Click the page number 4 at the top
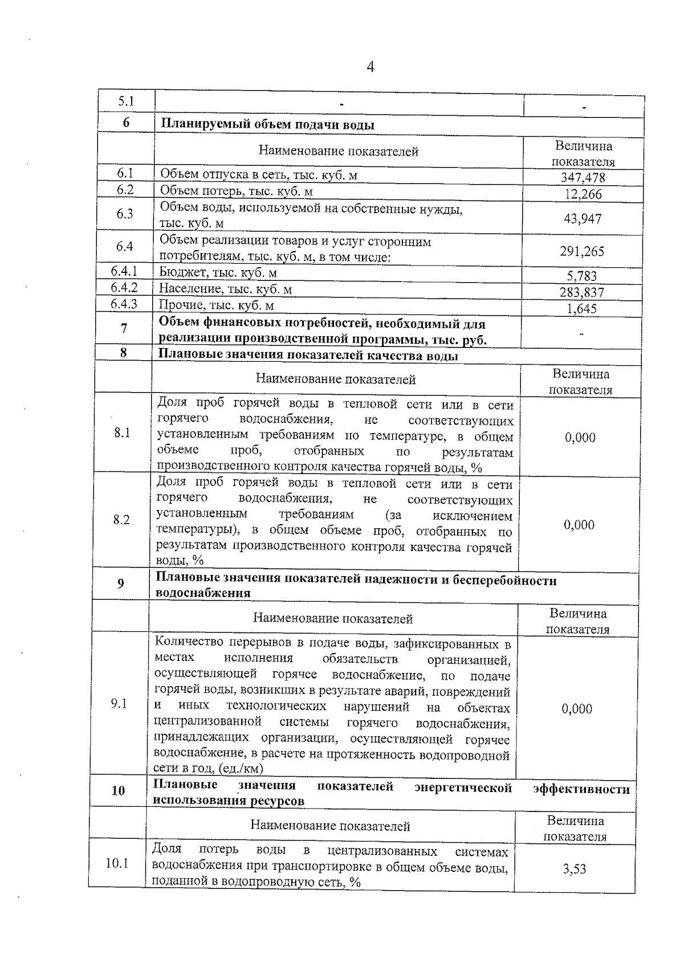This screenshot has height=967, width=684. (370, 68)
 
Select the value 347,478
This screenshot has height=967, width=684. (583, 178)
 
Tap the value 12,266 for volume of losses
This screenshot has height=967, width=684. (583, 194)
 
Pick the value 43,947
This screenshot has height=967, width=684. (582, 219)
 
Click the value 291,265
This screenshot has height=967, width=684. (581, 251)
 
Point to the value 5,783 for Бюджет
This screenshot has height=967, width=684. (581, 276)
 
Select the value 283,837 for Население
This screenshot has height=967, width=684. (581, 293)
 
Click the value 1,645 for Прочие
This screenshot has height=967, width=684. (581, 309)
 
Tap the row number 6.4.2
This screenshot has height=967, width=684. (124, 288)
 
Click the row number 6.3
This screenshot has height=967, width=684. (125, 214)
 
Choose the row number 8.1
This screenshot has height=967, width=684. (122, 433)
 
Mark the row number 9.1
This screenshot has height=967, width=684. (119, 704)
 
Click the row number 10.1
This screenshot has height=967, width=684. (117, 863)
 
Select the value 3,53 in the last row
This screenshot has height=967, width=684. (574, 869)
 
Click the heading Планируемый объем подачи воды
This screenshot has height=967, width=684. (268, 125)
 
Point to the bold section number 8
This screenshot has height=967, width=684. (124, 353)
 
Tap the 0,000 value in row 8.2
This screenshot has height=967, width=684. (579, 525)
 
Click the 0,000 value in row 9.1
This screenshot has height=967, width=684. (577, 709)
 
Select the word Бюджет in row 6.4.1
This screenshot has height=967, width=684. (180, 272)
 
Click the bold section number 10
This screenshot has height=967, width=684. (118, 790)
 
